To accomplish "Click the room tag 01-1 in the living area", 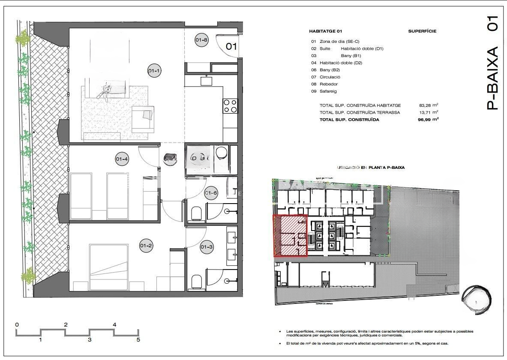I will coord(154,71).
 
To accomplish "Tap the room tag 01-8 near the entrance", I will coord(201,40).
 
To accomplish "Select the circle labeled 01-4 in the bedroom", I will coord(122,159).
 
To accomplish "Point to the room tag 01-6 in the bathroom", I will coord(211,193).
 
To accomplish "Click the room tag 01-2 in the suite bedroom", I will coord(146,246).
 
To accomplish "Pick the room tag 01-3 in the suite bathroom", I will coord(207,246).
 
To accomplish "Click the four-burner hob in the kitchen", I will coord(230,106).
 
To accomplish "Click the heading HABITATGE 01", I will coord(326,31).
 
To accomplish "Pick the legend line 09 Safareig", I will coord(325,91).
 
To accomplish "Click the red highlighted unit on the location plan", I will coord(290,236).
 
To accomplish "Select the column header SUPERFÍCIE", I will coord(422,31).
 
